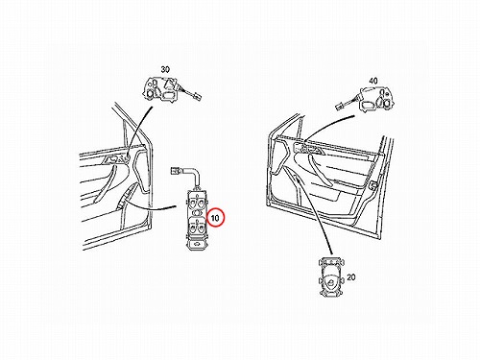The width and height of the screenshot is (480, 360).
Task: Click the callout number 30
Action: (165, 69)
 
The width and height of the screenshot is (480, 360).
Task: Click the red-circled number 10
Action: (216, 218)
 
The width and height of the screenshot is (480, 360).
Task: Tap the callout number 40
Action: (373, 81)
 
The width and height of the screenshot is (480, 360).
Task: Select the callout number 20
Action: (351, 277)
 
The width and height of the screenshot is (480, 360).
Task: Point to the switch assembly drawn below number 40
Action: (376, 99)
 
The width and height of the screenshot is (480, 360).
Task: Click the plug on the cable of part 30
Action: (195, 96)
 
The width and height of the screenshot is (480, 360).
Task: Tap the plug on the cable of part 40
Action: (340, 107)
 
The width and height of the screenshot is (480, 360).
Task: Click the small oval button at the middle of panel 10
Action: (197, 213)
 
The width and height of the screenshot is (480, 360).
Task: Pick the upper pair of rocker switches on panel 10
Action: (197, 202)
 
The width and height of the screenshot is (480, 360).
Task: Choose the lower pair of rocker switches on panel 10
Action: (197, 227)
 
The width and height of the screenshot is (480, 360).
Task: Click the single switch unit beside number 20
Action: (332, 276)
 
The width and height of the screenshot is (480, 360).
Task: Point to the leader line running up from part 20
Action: (314, 215)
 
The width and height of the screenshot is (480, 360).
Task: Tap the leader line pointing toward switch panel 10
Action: (150, 206)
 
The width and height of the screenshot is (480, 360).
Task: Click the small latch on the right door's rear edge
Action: (373, 184)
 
